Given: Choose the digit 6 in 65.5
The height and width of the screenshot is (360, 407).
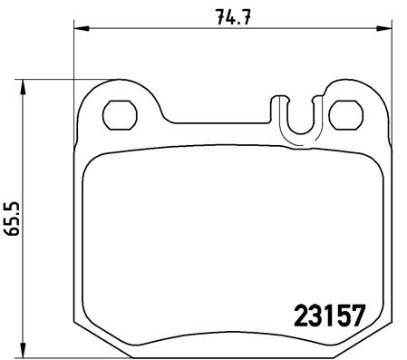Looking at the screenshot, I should [13, 232].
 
